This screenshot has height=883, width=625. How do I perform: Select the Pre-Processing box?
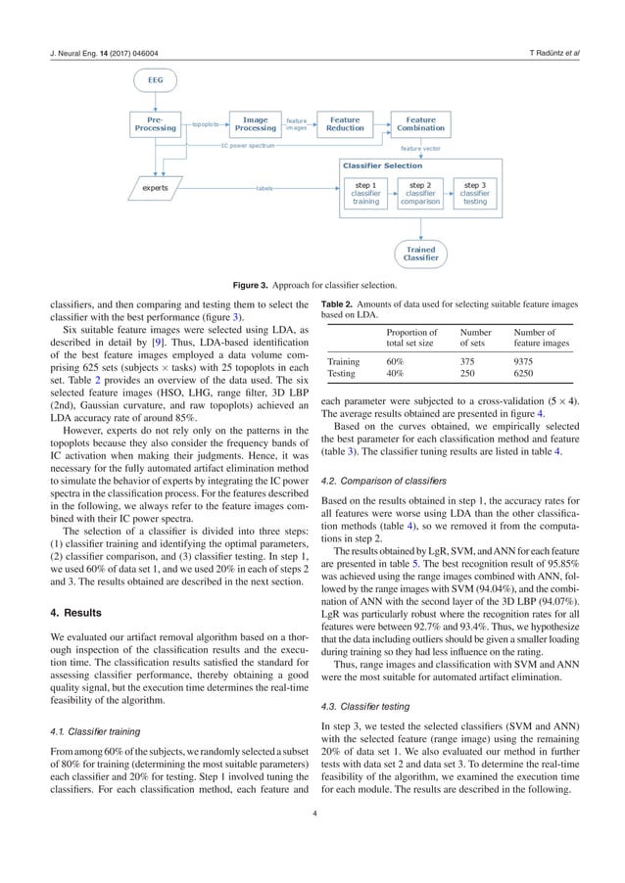pos(156,124)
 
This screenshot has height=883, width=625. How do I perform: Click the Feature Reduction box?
pos(345,124)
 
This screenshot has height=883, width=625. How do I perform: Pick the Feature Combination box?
pos(420,124)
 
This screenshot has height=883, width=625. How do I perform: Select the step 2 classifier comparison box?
pos(420,192)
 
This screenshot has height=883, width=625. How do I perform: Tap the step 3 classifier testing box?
pos(475,192)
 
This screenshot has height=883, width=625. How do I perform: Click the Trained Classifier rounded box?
pos(420,254)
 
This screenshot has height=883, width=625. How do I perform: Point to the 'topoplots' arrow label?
pos(205,125)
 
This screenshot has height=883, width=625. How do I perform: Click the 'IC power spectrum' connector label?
pos(247,145)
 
